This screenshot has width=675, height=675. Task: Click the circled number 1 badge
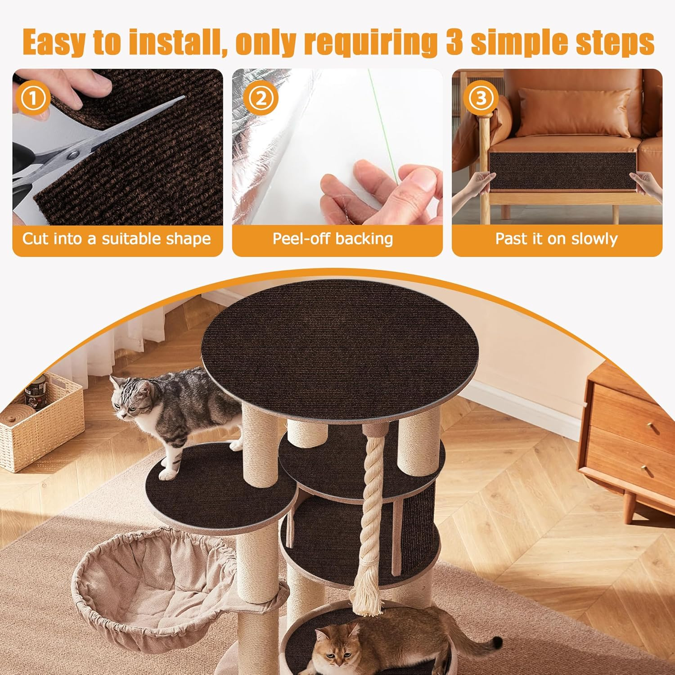[33, 98]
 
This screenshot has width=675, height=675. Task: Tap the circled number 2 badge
[261, 98]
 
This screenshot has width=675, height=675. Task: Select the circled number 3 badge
[481, 98]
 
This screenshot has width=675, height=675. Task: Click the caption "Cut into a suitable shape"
[117, 238]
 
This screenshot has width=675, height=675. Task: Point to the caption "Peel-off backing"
[333, 238]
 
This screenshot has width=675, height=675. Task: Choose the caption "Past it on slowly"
[556, 238]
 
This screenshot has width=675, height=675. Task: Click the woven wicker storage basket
[40, 427]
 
